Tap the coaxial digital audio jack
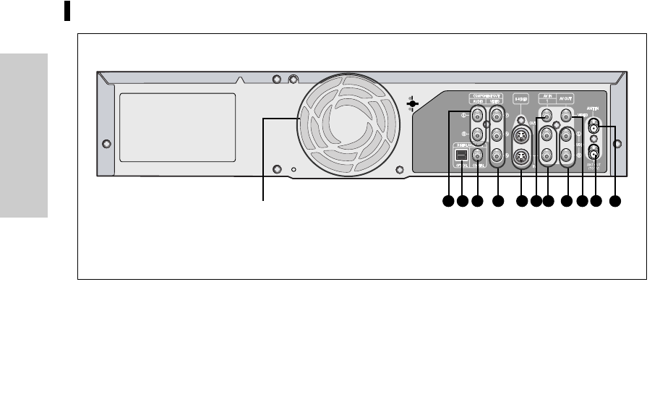point(477,154)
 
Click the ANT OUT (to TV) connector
point(594,152)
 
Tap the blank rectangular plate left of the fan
point(176,124)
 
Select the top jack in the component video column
point(496,114)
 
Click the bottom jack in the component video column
point(496,154)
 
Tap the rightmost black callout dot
point(615,202)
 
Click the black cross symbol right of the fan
point(411,104)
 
